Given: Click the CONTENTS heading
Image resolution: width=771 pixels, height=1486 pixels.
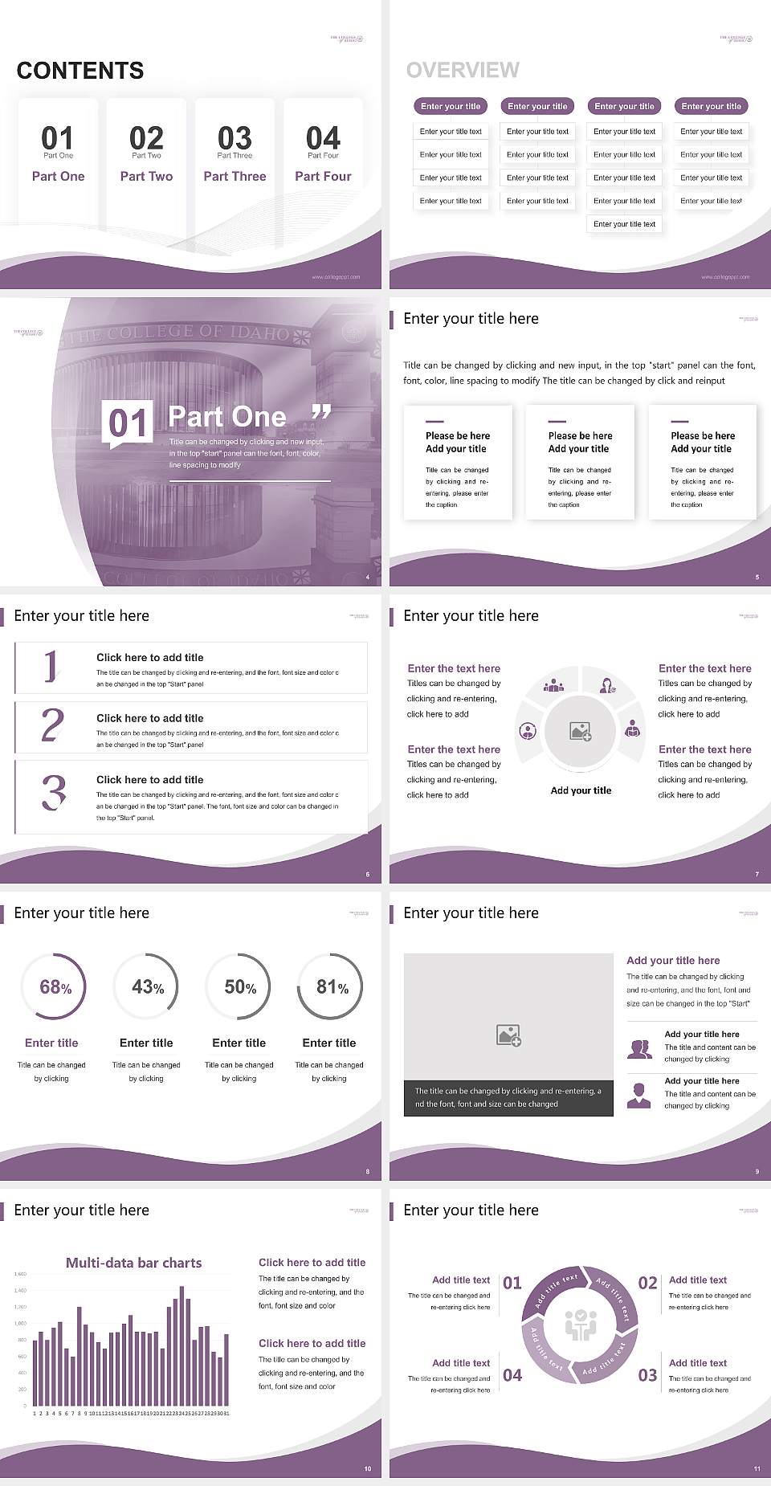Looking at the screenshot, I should pyautogui.click(x=80, y=71).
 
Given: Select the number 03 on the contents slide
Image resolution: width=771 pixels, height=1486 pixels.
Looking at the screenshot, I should pyautogui.click(x=235, y=137).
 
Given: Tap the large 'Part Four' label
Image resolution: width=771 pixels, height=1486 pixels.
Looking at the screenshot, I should pyautogui.click(x=323, y=176).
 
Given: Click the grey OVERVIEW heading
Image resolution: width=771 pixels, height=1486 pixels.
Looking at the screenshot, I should pyautogui.click(x=463, y=71).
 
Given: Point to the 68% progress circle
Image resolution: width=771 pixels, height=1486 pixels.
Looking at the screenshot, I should pyautogui.click(x=54, y=986).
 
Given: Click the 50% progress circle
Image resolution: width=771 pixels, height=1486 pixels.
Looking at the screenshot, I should pyautogui.click(x=239, y=986).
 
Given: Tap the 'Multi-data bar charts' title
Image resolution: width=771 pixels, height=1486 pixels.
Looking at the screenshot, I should pyautogui.click(x=133, y=1263).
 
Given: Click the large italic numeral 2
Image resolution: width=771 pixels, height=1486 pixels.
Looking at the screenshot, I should pyautogui.click(x=52, y=725).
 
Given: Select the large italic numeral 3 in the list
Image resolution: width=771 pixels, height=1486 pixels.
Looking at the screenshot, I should pyautogui.click(x=54, y=792).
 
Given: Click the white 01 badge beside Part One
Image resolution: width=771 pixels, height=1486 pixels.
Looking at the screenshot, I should pyautogui.click(x=128, y=423).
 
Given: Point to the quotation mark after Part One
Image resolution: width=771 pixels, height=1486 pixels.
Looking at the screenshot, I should pyautogui.click(x=321, y=413).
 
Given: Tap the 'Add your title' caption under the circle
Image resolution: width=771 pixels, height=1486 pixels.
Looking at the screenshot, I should pyautogui.click(x=581, y=790).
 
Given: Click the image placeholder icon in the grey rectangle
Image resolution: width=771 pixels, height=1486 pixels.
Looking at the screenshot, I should pyautogui.click(x=508, y=1035).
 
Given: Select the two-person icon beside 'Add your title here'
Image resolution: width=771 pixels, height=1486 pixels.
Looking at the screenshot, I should pyautogui.click(x=639, y=1048).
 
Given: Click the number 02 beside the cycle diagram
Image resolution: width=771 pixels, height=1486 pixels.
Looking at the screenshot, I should pyautogui.click(x=647, y=1283).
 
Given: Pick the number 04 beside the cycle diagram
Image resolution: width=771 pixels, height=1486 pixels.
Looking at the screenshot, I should pyautogui.click(x=512, y=1375).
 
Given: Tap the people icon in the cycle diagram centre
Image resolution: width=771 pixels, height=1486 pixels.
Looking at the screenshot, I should pyautogui.click(x=580, y=1325).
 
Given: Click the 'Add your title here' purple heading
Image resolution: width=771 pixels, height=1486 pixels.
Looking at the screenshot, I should pyautogui.click(x=673, y=960).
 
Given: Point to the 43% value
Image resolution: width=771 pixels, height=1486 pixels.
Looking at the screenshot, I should pyautogui.click(x=147, y=986).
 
